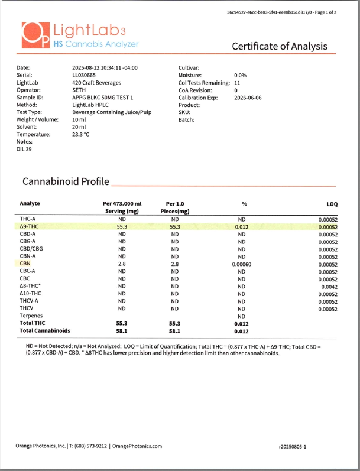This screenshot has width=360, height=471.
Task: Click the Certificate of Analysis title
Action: [x=279, y=47]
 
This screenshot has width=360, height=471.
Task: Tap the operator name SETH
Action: [x=80, y=90]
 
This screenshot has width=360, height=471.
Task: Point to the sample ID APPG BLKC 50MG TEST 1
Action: [x=103, y=98]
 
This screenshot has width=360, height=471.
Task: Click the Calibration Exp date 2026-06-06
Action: [x=251, y=98]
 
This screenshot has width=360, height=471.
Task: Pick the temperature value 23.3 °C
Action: [x=81, y=134]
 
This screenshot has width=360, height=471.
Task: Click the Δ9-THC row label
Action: [x=29, y=226]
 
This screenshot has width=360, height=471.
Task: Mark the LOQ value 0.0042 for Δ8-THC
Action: [x=329, y=287]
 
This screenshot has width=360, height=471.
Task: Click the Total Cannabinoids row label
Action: [x=45, y=331]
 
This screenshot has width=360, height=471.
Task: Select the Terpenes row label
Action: [x=31, y=316]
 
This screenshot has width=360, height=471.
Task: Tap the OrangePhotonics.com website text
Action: [x=137, y=446]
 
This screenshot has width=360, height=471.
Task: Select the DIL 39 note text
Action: [x=24, y=149]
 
